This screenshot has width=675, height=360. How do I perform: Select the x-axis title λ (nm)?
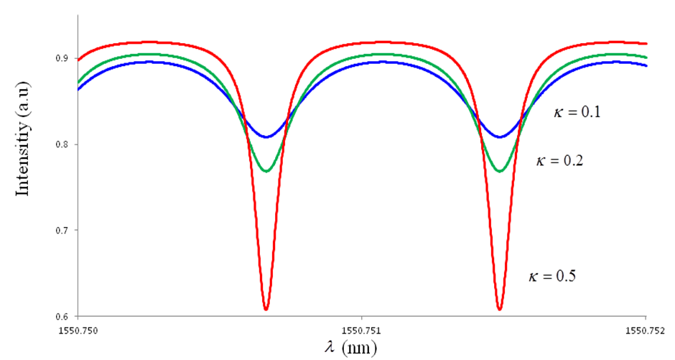349,347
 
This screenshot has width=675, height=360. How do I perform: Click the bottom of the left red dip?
266,310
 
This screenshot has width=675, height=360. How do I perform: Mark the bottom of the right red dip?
499,310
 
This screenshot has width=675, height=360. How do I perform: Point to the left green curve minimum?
266,171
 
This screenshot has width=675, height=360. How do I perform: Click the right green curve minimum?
499,171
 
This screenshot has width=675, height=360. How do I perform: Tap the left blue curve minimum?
266,137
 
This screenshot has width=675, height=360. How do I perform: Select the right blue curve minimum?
499,137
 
